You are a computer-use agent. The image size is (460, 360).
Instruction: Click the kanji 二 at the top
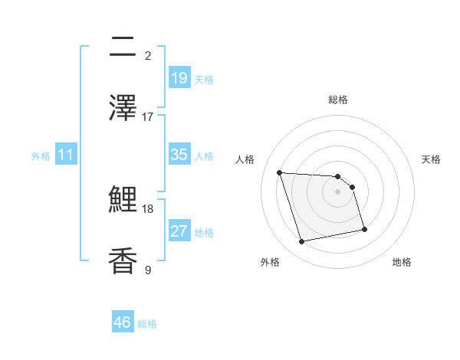(123, 47)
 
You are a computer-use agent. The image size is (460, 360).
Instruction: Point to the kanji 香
(123, 260)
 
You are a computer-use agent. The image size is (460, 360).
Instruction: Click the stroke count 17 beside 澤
(148, 116)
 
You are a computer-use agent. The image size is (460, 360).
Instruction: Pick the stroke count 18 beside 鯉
(148, 208)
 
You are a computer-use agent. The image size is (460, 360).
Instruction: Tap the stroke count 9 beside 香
(148, 270)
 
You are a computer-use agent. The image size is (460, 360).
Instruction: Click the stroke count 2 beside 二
(148, 55)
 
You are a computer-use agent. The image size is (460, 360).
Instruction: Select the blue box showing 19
(179, 77)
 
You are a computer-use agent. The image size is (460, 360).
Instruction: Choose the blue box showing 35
(179, 155)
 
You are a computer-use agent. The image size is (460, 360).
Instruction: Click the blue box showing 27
(179, 231)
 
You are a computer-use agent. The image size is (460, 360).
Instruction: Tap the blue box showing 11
(66, 155)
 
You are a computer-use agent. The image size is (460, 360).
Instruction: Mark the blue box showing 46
(123, 322)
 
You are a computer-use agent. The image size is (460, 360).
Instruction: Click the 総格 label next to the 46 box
(147, 324)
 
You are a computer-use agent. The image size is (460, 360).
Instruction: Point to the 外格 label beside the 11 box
(41, 156)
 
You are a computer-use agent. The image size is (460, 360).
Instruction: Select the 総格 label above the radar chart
(338, 100)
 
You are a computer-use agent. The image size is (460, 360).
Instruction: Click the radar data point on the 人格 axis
(280, 172)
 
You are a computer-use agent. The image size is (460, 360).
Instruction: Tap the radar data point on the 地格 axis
(364, 229)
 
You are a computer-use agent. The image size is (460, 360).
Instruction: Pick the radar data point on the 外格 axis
(302, 242)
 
